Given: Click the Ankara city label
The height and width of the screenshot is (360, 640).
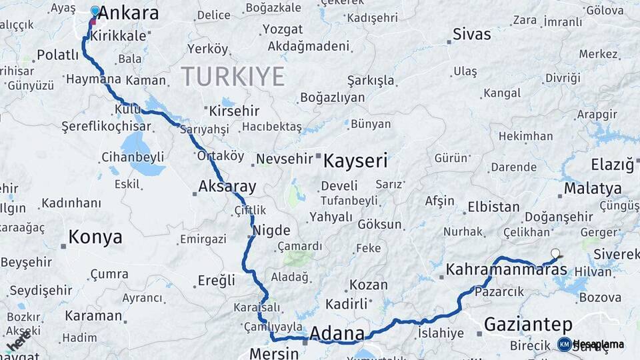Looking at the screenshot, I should [x=129, y=13].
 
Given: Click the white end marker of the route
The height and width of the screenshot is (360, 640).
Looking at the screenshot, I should [x=555, y=253].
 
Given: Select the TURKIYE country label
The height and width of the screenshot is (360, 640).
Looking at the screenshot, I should [x=233, y=76].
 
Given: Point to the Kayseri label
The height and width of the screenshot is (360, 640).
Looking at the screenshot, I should [x=355, y=161].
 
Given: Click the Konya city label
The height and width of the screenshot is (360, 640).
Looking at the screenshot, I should [x=95, y=237].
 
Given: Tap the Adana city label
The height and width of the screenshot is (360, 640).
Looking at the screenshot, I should [x=337, y=333].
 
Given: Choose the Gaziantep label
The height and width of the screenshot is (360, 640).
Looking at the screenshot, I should [x=528, y=325].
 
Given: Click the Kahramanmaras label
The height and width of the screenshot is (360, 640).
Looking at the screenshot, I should [x=506, y=269].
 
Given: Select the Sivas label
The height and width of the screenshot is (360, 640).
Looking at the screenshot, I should [x=471, y=34].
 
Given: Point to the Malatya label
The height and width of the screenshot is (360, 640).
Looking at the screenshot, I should [x=593, y=189].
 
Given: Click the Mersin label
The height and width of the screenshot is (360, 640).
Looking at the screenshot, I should [x=273, y=353].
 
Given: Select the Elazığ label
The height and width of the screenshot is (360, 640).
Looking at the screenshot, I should [x=611, y=164].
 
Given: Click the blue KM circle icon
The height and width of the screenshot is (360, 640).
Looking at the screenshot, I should [x=564, y=344].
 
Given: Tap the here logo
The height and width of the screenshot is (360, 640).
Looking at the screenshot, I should [x=19, y=342].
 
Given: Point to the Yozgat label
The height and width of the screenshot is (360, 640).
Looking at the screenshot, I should [x=282, y=29].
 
